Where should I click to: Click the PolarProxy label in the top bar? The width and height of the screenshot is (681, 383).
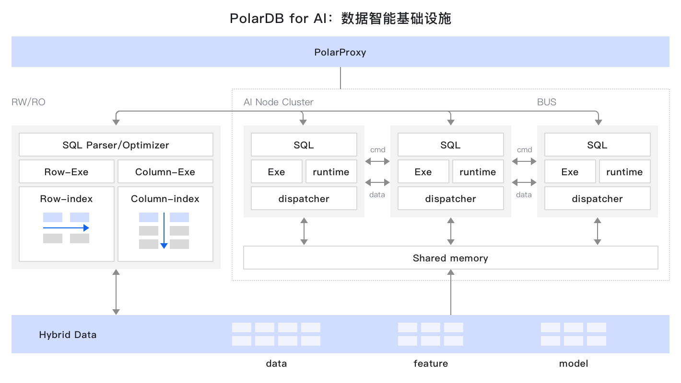click(340, 52)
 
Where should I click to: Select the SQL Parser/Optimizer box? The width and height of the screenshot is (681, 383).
click(116, 145)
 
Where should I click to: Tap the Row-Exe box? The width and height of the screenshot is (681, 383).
click(67, 172)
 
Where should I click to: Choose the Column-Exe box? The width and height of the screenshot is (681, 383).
click(165, 172)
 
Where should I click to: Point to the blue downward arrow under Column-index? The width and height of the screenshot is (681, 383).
click(164, 230)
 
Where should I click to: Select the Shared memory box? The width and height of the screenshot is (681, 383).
click(450, 258)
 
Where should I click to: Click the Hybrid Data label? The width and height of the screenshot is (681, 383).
click(68, 335)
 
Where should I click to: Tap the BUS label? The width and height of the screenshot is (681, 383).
click(547, 102)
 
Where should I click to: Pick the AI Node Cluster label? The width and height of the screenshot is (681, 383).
click(278, 102)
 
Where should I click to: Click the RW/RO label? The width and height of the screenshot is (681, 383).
click(28, 102)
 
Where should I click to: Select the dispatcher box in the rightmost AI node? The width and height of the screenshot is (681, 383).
click(597, 199)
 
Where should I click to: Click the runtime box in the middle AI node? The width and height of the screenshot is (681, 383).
click(478, 172)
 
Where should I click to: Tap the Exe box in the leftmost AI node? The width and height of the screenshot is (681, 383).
click(276, 172)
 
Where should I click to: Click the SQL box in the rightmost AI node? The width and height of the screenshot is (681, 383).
click(597, 145)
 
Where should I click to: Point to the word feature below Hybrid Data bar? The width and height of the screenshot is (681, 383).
click(431, 363)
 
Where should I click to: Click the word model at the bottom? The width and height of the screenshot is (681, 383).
click(574, 363)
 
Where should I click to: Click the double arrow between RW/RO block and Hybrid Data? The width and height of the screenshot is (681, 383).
click(116, 292)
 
